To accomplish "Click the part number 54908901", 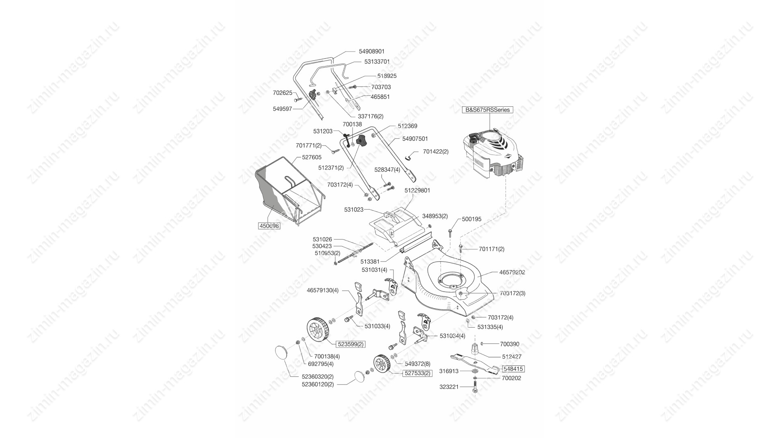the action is pyautogui.click(x=372, y=52).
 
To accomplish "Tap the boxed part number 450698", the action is pyautogui.click(x=269, y=226).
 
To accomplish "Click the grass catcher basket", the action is pyautogui.click(x=289, y=198).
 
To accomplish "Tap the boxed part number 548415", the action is pyautogui.click(x=513, y=369).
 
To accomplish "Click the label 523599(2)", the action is pyautogui.click(x=351, y=344).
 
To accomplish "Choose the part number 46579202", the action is pyautogui.click(x=512, y=273).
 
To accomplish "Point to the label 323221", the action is pyautogui.click(x=449, y=387).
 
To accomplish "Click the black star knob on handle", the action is pyautogui.click(x=361, y=142).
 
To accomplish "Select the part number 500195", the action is pyautogui.click(x=472, y=219).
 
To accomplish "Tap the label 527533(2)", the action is pyautogui.click(x=417, y=373).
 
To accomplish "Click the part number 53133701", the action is pyautogui.click(x=377, y=62).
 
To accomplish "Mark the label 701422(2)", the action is pyautogui.click(x=436, y=152).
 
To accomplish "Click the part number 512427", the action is pyautogui.click(x=512, y=357).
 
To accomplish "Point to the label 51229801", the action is pyautogui.click(x=417, y=190).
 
